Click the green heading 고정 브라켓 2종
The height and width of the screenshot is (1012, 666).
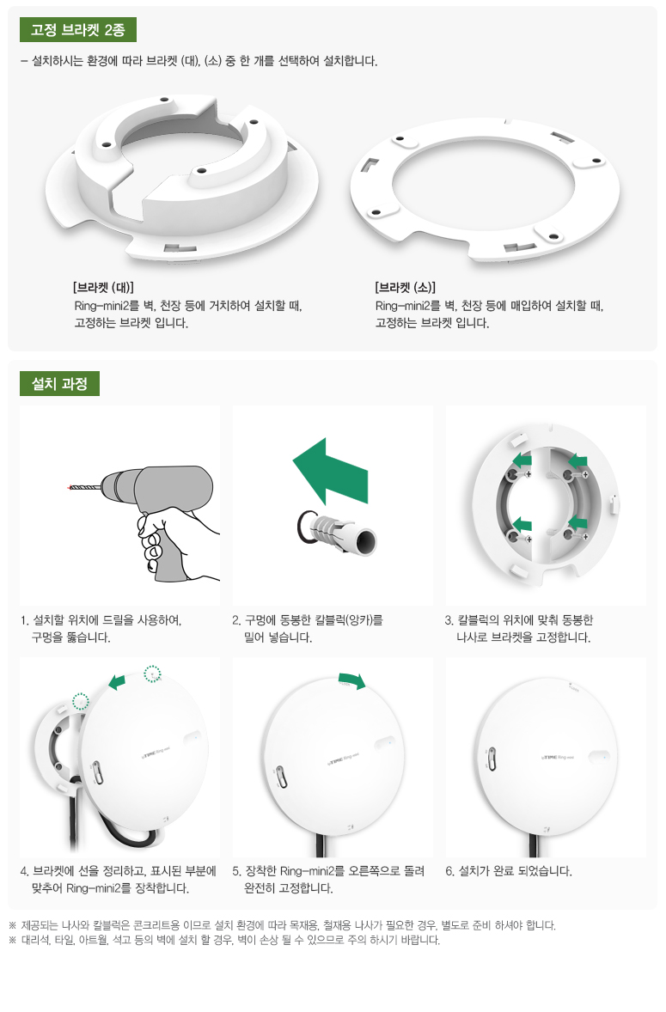(x=78, y=30)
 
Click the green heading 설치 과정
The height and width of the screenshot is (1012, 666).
(x=59, y=384)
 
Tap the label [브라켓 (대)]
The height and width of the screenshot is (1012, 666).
(x=103, y=287)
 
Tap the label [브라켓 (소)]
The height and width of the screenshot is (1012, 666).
(x=406, y=287)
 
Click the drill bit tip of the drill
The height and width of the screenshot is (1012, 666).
(x=69, y=486)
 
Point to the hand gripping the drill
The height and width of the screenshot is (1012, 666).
(x=168, y=536)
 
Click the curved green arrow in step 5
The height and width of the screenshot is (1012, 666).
(x=352, y=680)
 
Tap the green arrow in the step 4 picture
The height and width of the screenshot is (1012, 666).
(x=117, y=681)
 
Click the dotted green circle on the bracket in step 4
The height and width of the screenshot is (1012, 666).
(x=81, y=701)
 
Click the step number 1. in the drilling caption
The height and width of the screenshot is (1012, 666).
(x=25, y=620)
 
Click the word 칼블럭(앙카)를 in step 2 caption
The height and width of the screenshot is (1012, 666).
(x=349, y=620)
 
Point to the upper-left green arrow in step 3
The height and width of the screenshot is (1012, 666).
(x=522, y=460)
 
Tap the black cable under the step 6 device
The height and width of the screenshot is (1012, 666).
(x=533, y=844)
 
